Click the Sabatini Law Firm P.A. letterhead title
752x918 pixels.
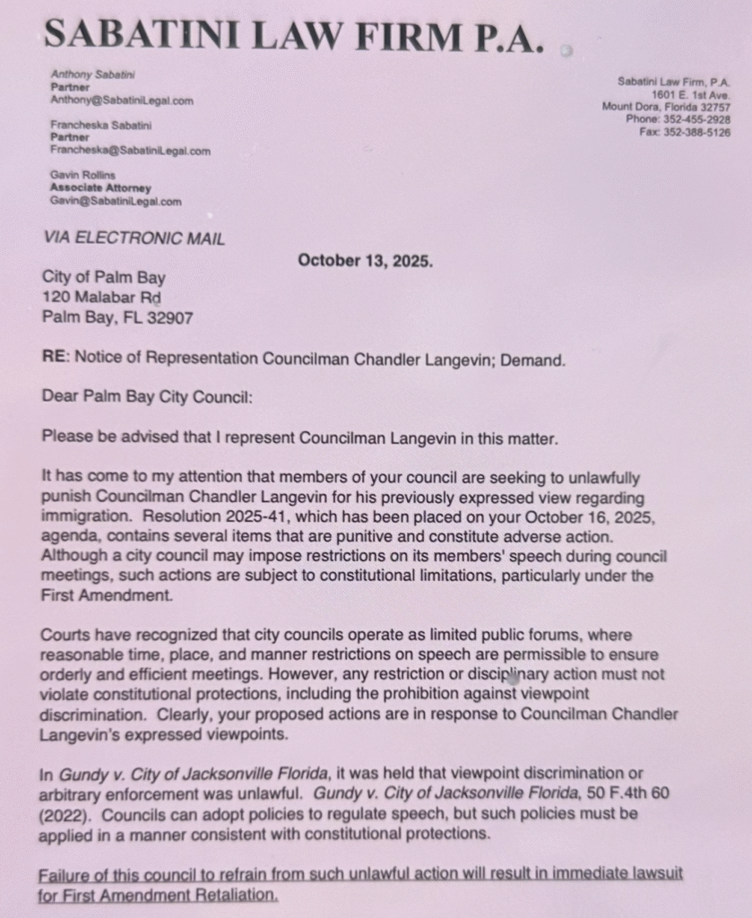click(293, 35)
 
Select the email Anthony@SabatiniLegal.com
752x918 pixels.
click(121, 101)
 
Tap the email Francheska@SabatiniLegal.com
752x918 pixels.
click(130, 152)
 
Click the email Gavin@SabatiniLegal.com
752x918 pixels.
click(115, 202)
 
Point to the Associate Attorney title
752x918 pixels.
click(100, 188)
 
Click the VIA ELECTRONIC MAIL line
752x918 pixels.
click(134, 238)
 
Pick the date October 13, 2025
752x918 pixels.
click(365, 261)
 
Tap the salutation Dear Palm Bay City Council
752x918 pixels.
click(147, 396)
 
